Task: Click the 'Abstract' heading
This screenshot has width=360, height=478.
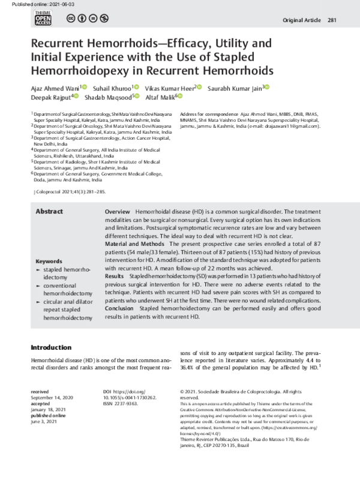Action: pos(49,212)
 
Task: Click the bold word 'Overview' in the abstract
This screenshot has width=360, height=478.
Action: pos(118,213)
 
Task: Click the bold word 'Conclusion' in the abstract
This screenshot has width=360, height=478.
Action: pos(119,308)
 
